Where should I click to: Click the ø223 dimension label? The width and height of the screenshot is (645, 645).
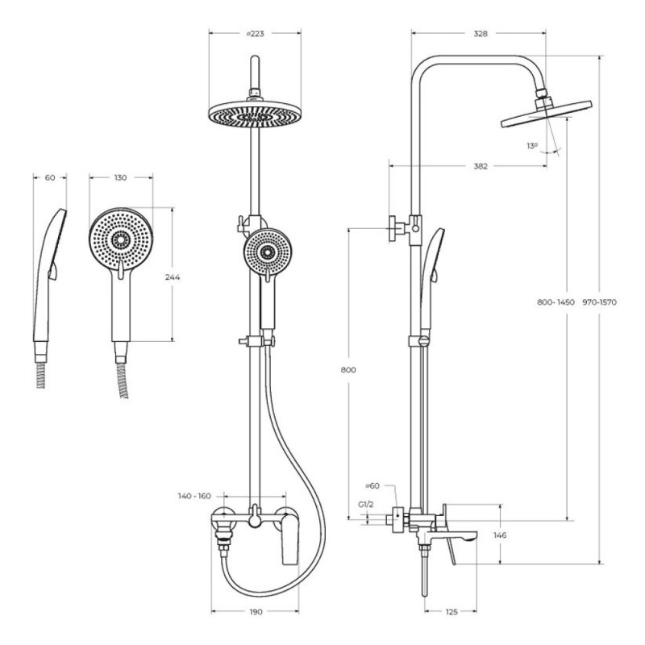click(x=255, y=34)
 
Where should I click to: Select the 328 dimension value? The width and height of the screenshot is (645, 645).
click(x=480, y=34)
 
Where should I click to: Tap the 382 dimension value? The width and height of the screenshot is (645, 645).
click(x=480, y=166)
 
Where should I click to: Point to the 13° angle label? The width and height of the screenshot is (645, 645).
click(x=532, y=146)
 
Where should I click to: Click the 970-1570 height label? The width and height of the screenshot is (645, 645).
click(x=599, y=302)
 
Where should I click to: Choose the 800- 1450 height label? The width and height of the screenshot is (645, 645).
click(x=556, y=302)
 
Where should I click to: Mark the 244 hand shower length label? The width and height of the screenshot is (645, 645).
click(x=173, y=277)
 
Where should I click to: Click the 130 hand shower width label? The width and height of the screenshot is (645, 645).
click(x=120, y=177)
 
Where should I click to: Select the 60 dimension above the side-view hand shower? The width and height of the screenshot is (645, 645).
click(x=50, y=177)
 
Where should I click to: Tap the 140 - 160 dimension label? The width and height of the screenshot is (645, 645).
click(x=194, y=496)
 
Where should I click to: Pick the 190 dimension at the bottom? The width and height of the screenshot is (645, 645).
click(x=256, y=612)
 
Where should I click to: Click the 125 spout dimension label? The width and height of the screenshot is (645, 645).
click(x=451, y=612)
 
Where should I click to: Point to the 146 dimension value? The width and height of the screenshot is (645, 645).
click(x=500, y=535)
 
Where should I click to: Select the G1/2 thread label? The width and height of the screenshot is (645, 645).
click(x=366, y=505)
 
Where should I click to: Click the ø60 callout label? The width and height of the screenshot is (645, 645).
click(x=372, y=486)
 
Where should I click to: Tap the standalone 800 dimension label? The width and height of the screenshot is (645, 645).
click(x=348, y=370)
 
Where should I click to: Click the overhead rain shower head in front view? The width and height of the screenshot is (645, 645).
click(x=255, y=114)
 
